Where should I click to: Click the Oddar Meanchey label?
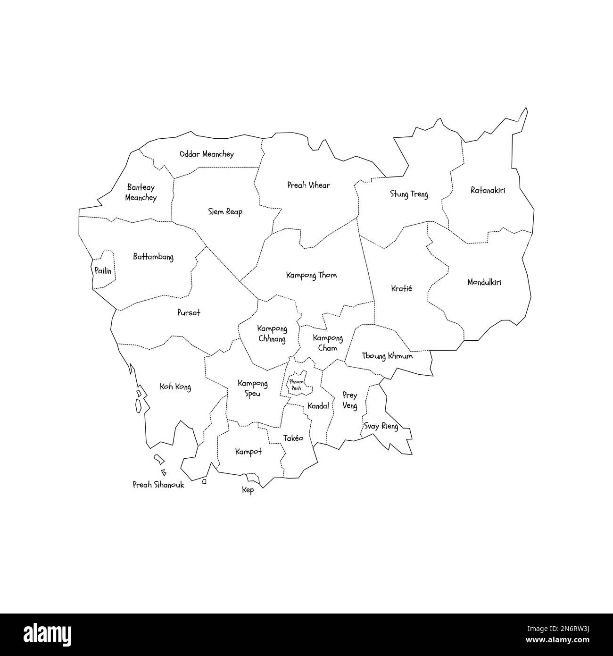pyautogui.click(x=207, y=154)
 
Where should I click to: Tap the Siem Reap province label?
pyautogui.click(x=225, y=212)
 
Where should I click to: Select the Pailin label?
pyautogui.click(x=103, y=271)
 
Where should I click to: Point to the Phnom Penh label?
pyautogui.click(x=297, y=384)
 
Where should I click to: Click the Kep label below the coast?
pyautogui.click(x=248, y=490)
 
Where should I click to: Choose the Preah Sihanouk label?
pyautogui.click(x=158, y=485)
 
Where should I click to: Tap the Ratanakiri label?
pyautogui.click(x=488, y=191)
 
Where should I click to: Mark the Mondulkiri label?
pyautogui.click(x=484, y=282)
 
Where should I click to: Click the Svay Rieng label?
pyautogui.click(x=381, y=427)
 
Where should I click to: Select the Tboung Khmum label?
pyautogui.click(x=387, y=356)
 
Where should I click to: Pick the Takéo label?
pyautogui.click(x=293, y=438)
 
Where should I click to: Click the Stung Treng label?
pyautogui.click(x=409, y=194)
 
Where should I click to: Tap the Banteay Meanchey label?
pyautogui.click(x=141, y=193)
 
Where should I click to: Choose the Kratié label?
pyautogui.click(x=401, y=288)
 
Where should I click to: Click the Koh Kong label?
pyautogui.click(x=175, y=387)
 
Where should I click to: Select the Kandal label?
pyautogui.click(x=318, y=406)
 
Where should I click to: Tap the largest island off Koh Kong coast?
pyautogui.click(x=138, y=406)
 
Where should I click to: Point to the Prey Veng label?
pyautogui.click(x=349, y=400)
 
